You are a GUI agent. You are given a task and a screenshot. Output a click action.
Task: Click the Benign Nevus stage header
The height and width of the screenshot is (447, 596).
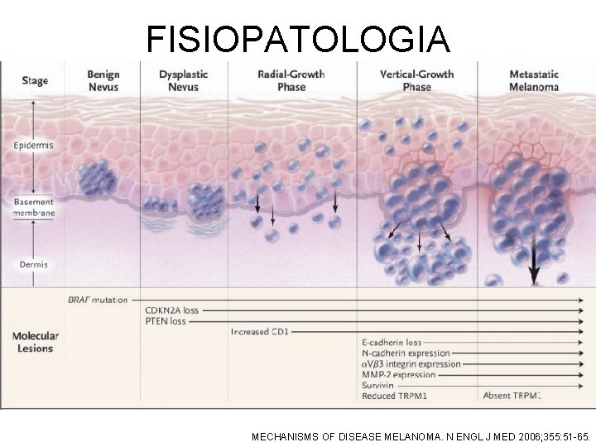point(103,80)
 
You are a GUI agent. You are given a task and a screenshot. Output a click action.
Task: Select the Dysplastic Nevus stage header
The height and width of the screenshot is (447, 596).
point(183,80)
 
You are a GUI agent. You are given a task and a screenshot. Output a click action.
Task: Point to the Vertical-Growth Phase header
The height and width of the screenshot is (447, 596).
point(416,80)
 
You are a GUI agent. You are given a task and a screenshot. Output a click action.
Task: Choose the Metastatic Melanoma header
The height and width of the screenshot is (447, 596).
point(533,80)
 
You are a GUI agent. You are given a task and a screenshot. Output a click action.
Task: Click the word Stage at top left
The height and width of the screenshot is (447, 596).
point(34,81)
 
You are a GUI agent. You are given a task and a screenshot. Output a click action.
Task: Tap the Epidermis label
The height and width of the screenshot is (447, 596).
point(33,146)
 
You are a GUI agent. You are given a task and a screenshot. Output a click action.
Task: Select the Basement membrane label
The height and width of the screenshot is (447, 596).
point(33,207)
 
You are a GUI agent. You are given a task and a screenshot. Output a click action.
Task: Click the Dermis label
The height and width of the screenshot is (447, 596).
point(33,265)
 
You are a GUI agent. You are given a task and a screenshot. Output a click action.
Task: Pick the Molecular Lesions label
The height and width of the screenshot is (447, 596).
point(35,342)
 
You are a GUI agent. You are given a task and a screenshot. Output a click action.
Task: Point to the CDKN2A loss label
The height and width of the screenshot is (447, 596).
point(171,311)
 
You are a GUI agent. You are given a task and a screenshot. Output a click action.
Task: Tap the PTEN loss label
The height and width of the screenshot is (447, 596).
point(166,321)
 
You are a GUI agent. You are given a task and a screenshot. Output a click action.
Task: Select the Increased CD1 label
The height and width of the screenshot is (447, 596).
point(261,332)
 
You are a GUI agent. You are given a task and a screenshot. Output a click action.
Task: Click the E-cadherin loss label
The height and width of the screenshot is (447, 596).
point(392,343)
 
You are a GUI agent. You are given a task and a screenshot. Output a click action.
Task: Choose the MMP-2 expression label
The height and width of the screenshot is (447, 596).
point(399,375)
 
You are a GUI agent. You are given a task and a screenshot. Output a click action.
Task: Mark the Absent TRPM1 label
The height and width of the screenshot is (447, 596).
point(512,396)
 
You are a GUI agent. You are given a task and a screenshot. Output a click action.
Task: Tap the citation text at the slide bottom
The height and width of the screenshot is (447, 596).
point(421,433)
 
